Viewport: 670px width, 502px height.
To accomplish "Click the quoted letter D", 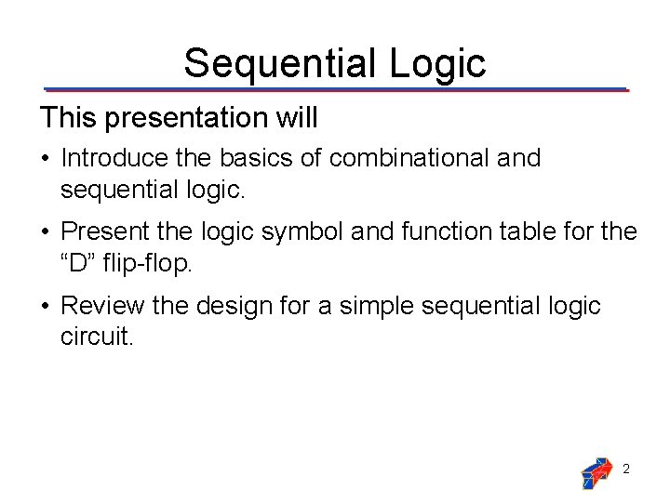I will (x=79, y=262).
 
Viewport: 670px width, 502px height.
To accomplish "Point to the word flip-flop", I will (x=145, y=262).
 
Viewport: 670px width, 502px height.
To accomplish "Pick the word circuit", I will (x=97, y=336).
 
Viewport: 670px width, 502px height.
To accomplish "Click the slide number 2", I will (x=626, y=469).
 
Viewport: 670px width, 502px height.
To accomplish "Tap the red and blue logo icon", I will (x=596, y=472).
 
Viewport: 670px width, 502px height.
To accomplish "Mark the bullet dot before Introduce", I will (x=45, y=159).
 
